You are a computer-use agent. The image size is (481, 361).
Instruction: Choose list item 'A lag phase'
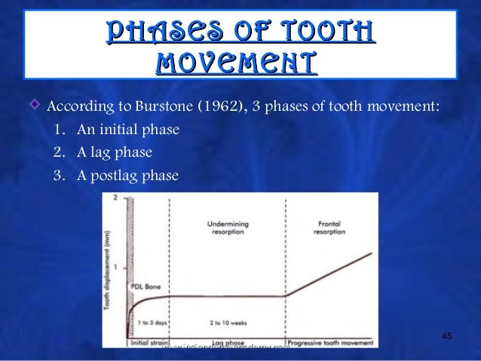coord(112,153)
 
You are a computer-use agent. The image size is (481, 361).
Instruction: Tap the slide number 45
coord(446,335)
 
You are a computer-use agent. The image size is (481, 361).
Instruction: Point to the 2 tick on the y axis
coord(115,197)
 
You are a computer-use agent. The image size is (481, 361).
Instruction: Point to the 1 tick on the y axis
coord(115,267)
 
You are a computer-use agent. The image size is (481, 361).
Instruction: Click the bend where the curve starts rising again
coord(286,295)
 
